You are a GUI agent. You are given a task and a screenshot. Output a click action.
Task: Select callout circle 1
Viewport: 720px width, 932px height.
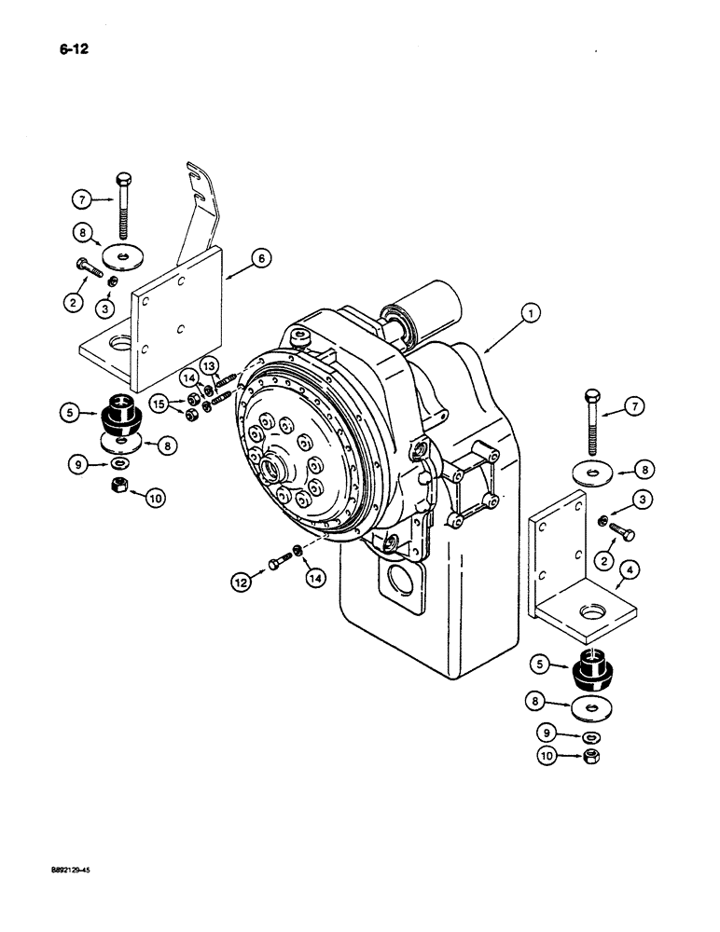(529, 315)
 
